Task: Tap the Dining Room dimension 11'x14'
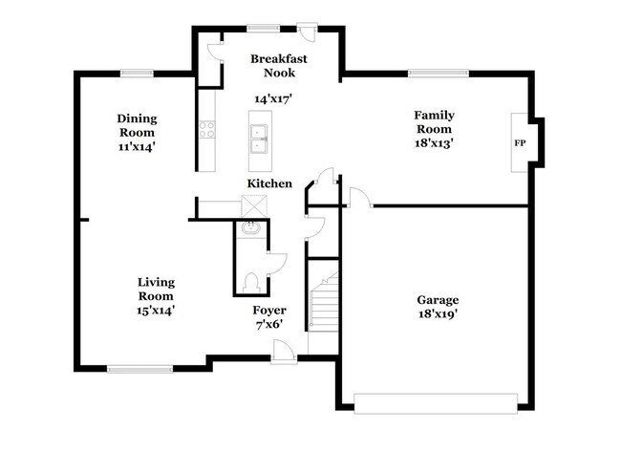point(136,147)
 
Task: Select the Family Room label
point(433,121)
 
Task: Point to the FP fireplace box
point(521,142)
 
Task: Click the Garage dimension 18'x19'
point(437,313)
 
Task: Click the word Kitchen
point(269,183)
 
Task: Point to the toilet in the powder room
point(251,281)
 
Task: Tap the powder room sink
point(250,229)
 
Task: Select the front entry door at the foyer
point(282,355)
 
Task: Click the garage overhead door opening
point(437,399)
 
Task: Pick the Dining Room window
point(136,71)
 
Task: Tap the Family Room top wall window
point(431,71)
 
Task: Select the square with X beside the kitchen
point(254,205)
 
